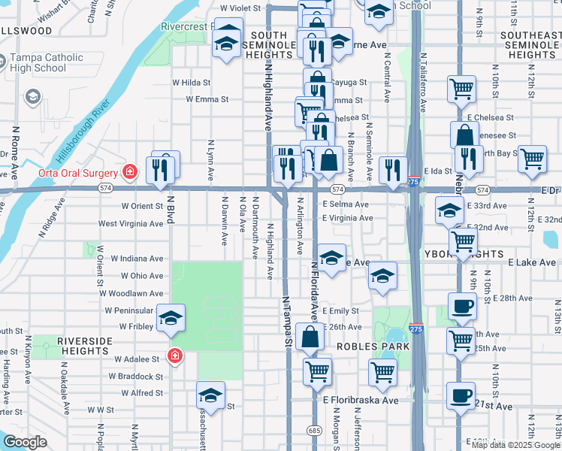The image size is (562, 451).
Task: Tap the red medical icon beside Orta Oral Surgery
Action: coord(131,171)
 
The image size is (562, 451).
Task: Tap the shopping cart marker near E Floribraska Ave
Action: coord(383,371)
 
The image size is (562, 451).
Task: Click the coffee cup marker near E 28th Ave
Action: coord(461,305)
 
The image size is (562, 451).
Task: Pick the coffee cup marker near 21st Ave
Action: coord(461,395)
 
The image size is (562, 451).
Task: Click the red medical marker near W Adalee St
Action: coord(175,356)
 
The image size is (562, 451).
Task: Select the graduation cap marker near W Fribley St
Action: coord(171,318)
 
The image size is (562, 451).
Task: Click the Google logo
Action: coord(25,442)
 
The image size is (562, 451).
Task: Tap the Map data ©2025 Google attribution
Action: coord(515,445)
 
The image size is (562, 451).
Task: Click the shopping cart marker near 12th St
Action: coord(532,159)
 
